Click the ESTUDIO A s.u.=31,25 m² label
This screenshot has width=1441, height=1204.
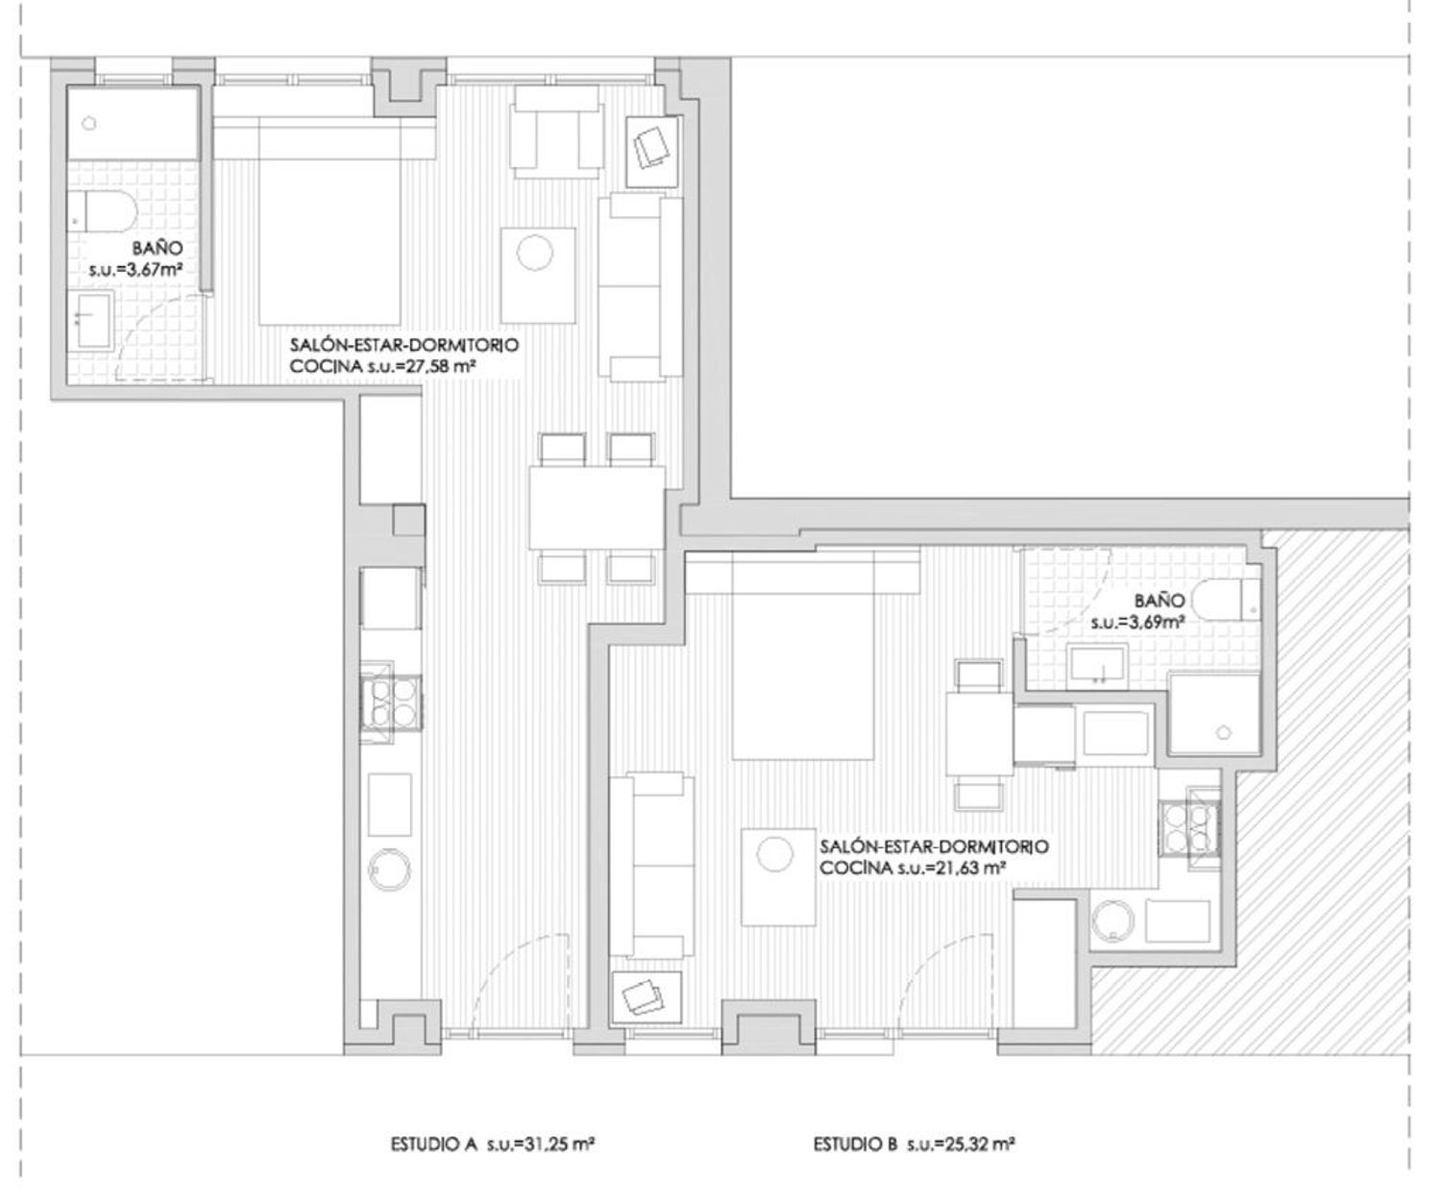pyautogui.click(x=493, y=1143)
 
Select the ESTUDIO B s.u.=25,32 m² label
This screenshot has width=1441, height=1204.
pyautogui.click(x=914, y=1143)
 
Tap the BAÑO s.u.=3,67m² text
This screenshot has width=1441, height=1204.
pyautogui.click(x=136, y=258)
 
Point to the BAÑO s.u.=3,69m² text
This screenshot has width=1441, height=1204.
pyautogui.click(x=1138, y=611)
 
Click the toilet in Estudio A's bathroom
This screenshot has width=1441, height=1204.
pyautogui.click(x=102, y=211)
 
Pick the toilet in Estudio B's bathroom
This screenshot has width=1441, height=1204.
pyautogui.click(x=1228, y=600)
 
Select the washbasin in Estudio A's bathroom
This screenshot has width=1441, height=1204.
pyautogui.click(x=91, y=320)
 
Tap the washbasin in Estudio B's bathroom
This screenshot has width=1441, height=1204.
pyautogui.click(x=1097, y=666)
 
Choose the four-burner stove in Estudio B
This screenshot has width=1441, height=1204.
pyautogui.click(x=1190, y=828)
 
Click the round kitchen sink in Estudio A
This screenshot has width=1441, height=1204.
pyautogui.click(x=390, y=870)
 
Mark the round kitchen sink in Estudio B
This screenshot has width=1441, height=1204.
pyautogui.click(x=1113, y=921)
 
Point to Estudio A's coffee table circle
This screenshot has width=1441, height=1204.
pyautogui.click(x=535, y=253)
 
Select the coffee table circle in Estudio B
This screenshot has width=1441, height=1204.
pyautogui.click(x=774, y=854)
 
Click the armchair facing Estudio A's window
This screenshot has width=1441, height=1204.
pyautogui.click(x=556, y=132)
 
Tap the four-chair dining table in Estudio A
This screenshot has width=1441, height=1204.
pyautogui.click(x=597, y=508)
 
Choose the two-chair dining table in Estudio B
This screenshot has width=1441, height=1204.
pyautogui.click(x=979, y=734)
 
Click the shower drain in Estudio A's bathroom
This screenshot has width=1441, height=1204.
pyautogui.click(x=89, y=124)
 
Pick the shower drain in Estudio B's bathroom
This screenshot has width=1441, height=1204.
pyautogui.click(x=1224, y=732)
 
